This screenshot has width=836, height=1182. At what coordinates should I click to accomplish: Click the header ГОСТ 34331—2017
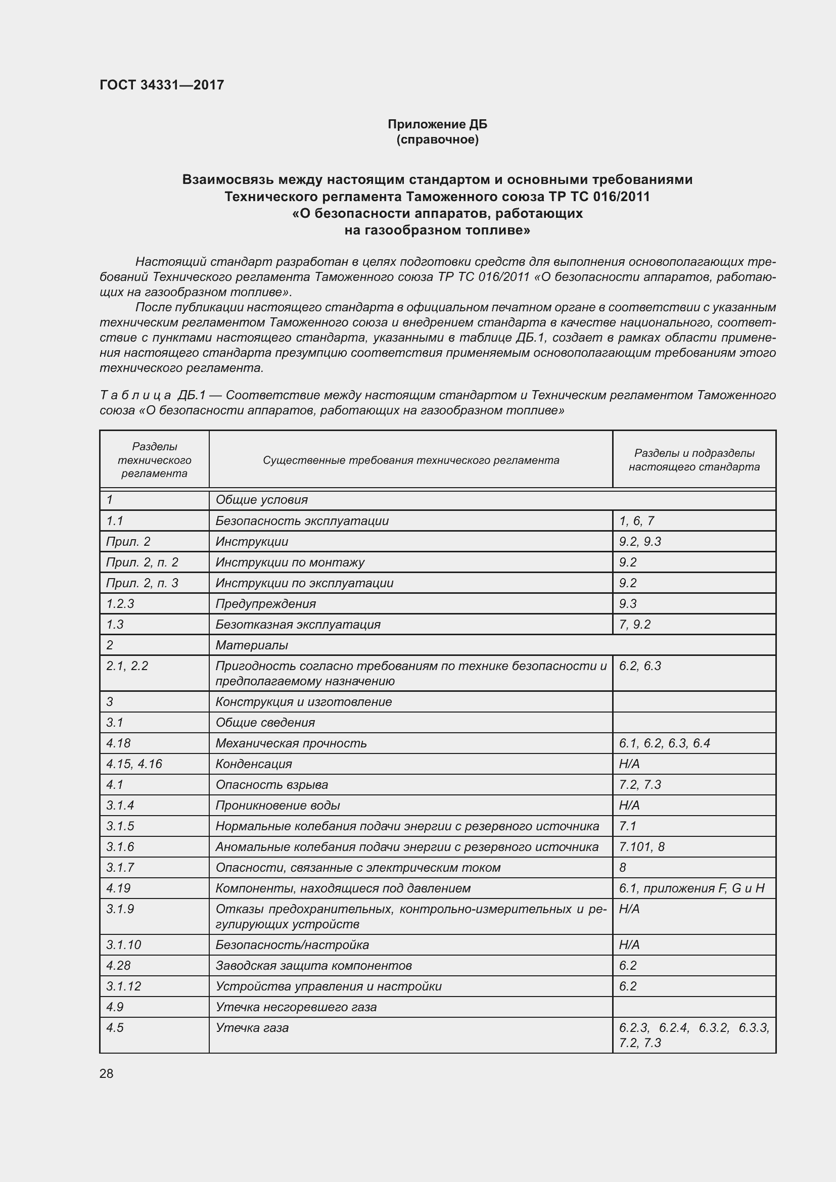(x=162, y=85)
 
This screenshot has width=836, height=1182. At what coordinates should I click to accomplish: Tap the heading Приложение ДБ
(x=437, y=124)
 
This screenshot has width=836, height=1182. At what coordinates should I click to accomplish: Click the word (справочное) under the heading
(x=437, y=139)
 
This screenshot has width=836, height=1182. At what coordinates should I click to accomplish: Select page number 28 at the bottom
(x=107, y=1073)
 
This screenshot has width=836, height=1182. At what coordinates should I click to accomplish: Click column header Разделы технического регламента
(x=155, y=460)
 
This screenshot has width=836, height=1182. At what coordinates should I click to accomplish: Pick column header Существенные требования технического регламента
(x=411, y=460)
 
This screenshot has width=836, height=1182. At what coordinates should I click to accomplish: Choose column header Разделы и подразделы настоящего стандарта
(x=694, y=460)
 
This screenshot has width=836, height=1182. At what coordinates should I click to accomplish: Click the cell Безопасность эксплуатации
(x=302, y=521)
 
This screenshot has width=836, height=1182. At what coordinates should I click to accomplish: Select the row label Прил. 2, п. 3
(x=142, y=583)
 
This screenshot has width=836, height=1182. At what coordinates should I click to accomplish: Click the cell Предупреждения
(x=266, y=603)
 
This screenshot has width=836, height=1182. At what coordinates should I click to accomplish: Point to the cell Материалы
(x=252, y=645)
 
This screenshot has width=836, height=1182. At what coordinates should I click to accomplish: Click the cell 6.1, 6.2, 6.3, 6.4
(x=665, y=743)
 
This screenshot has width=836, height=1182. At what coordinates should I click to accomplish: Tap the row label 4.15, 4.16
(x=134, y=764)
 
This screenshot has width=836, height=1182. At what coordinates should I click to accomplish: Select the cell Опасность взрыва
(x=271, y=785)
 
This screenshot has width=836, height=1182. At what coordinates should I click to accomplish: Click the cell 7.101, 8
(x=641, y=847)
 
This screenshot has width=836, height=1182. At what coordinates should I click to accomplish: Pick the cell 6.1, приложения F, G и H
(x=691, y=888)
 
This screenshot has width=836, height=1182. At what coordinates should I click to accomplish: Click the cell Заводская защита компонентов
(x=313, y=966)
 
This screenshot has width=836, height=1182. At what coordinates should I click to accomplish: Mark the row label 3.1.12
(x=123, y=986)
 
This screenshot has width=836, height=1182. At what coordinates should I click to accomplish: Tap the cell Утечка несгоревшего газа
(x=296, y=1007)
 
